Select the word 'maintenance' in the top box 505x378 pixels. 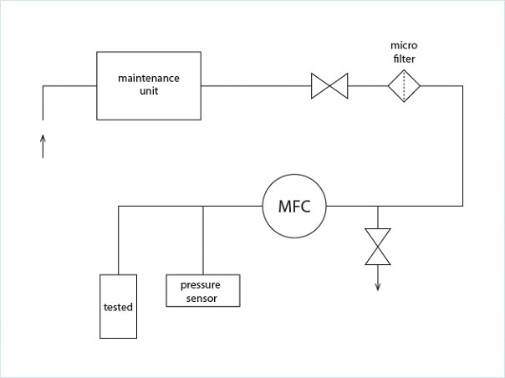click(x=149, y=78)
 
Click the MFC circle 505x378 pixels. click(x=294, y=206)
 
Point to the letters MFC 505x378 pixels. click(x=294, y=207)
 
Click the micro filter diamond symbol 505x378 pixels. click(x=403, y=85)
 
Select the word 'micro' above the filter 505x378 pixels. click(x=404, y=43)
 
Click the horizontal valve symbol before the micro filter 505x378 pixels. click(x=329, y=85)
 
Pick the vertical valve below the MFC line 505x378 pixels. click(x=378, y=247)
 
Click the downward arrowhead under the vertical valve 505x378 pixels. click(x=378, y=287)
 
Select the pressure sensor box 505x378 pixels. click(x=204, y=290)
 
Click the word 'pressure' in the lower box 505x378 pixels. click(x=200, y=284)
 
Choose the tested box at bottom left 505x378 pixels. click(x=118, y=306)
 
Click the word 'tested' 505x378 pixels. click(x=118, y=307)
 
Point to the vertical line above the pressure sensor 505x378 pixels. click(x=204, y=240)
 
